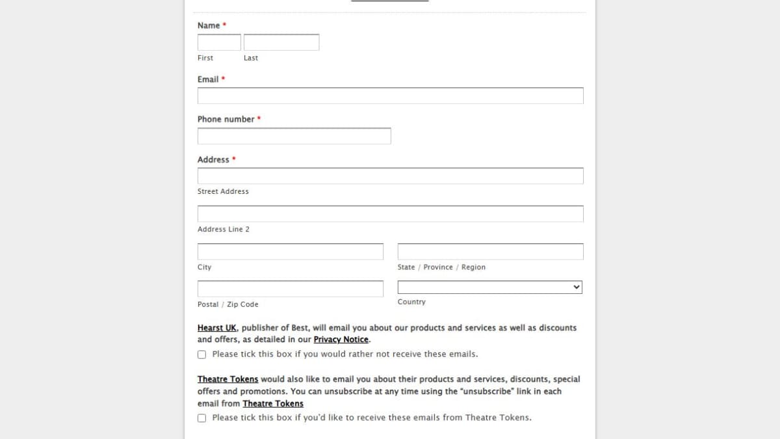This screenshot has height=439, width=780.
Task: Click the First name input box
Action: click(219, 42)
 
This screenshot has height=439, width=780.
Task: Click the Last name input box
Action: click(281, 42)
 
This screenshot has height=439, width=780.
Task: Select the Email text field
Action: click(390, 96)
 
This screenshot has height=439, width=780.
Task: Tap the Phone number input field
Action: click(294, 136)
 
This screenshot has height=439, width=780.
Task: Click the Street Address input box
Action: click(390, 176)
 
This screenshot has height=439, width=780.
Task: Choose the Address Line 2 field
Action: click(390, 214)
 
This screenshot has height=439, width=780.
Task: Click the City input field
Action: click(290, 252)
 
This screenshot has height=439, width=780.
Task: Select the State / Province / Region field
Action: click(490, 252)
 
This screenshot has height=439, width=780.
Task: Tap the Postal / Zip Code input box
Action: click(290, 289)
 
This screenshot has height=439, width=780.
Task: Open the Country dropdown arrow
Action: click(576, 287)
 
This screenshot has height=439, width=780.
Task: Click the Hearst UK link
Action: click(217, 328)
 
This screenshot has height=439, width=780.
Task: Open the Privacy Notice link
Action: click(341, 339)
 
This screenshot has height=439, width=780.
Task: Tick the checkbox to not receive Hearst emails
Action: click(201, 354)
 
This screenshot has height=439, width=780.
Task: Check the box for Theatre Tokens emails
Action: click(201, 418)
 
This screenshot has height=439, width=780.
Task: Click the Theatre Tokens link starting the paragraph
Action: click(227, 379)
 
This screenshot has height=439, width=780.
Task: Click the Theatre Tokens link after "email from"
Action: click(273, 404)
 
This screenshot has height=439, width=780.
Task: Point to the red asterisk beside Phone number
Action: click(259, 118)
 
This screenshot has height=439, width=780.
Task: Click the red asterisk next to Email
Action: click(223, 79)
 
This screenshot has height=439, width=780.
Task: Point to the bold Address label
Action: click(213, 159)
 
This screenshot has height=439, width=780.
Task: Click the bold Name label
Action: click(209, 25)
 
